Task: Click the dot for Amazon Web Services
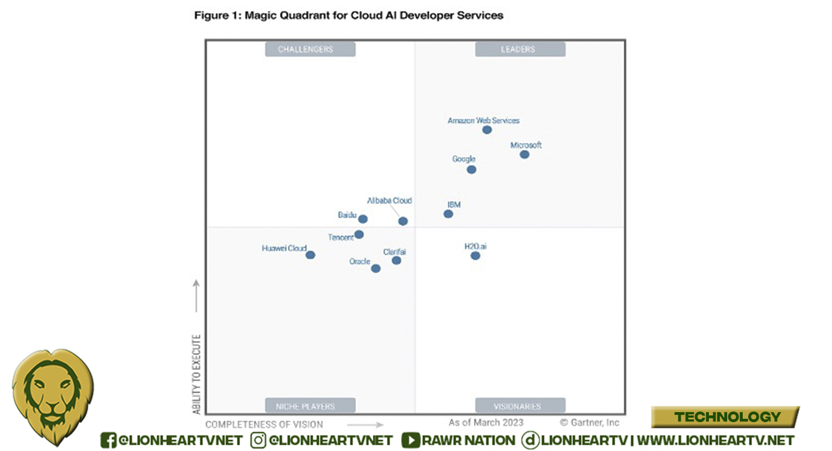coord(487,130)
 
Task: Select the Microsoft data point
coord(524,154)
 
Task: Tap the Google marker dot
coord(471,169)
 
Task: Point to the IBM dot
coord(448,214)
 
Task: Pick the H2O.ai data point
coord(475,255)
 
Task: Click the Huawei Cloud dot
coord(311,255)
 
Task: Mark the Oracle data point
coord(376,269)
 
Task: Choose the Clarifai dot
coord(396,260)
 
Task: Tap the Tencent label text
coord(341,237)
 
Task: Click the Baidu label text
coord(347,215)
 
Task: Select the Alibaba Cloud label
coord(389,201)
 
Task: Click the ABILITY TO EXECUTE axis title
coord(196,374)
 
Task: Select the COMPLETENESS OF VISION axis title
coord(264,424)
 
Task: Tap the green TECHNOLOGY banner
coord(727,417)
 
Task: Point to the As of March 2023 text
coord(486,423)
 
